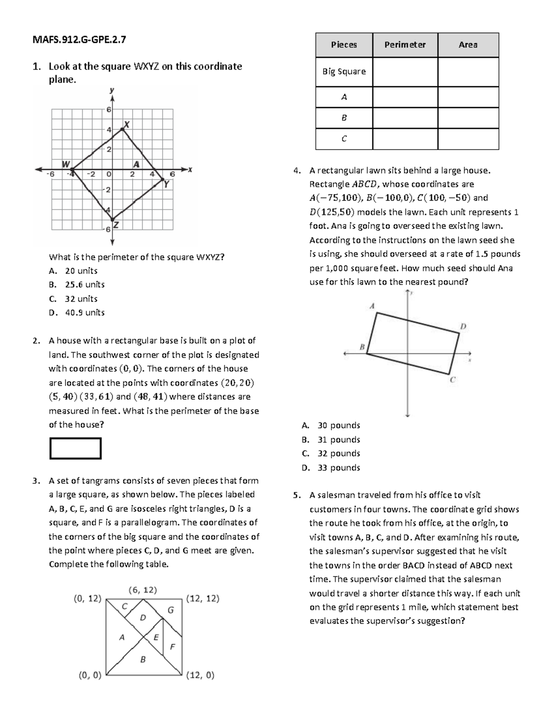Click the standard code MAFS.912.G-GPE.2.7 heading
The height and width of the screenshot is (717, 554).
[79, 40]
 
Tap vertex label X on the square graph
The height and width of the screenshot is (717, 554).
[126, 125]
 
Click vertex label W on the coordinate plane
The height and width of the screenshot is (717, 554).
[66, 164]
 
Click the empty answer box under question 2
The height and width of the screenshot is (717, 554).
[75, 448]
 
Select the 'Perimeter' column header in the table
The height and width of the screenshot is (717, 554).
[405, 45]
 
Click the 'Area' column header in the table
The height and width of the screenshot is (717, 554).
[468, 45]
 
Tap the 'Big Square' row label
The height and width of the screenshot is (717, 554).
[344, 72]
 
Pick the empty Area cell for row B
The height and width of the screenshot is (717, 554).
[468, 118]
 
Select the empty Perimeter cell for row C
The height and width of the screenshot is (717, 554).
[405, 139]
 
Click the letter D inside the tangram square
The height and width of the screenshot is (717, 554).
[143, 617]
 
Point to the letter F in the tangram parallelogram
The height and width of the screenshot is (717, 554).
[172, 646]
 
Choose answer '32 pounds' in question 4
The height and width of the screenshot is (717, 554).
[338, 453]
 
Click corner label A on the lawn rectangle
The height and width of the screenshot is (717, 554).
[372, 306]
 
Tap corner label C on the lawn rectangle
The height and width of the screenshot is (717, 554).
[452, 380]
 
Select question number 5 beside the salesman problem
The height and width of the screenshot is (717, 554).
[297, 495]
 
